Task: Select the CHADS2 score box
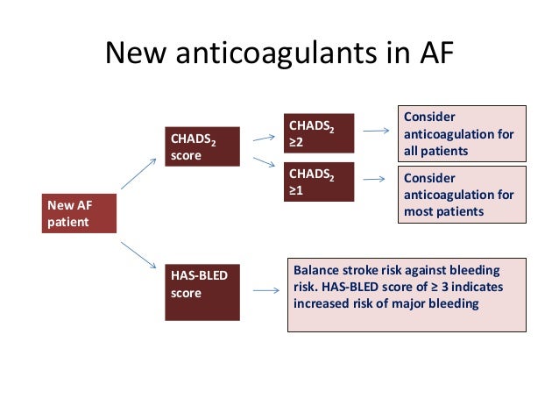point(202,146)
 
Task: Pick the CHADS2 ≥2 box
point(319,134)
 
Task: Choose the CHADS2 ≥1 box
point(319,182)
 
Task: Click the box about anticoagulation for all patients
point(462,133)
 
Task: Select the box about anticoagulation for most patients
point(462,194)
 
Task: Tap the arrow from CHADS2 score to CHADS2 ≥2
point(264,137)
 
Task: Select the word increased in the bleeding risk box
point(323,304)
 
